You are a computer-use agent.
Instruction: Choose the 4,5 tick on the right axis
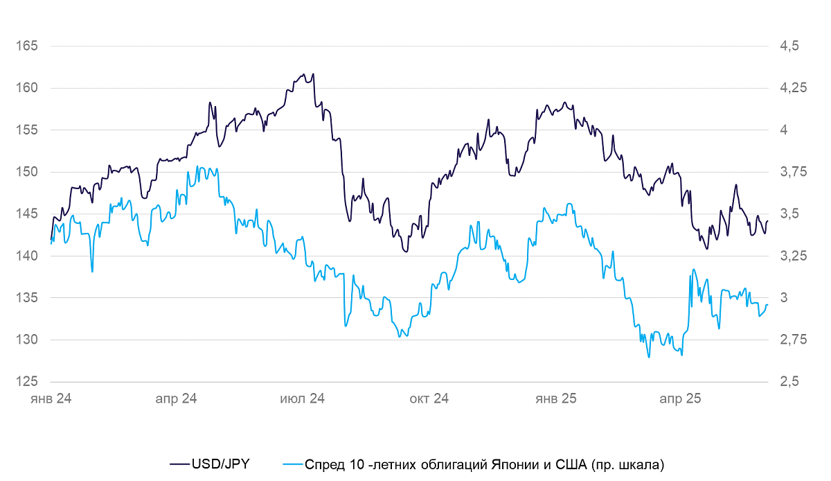[x=789, y=46]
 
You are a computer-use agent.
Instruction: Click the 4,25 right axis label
[x=793, y=88]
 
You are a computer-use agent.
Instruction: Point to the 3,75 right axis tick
[x=793, y=172]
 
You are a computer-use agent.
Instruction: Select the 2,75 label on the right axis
[x=793, y=340]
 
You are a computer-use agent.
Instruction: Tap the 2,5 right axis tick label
[x=789, y=382]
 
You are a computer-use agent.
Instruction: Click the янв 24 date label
[x=51, y=399]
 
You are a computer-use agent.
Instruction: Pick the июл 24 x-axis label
[x=302, y=399]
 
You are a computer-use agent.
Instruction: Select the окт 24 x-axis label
[x=429, y=399]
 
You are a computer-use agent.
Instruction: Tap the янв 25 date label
[x=556, y=399]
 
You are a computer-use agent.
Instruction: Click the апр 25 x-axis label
[x=680, y=399]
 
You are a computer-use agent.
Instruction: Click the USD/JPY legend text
[x=220, y=464]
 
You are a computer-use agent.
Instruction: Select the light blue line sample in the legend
[x=293, y=464]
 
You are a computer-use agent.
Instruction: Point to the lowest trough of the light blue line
[x=649, y=357]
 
